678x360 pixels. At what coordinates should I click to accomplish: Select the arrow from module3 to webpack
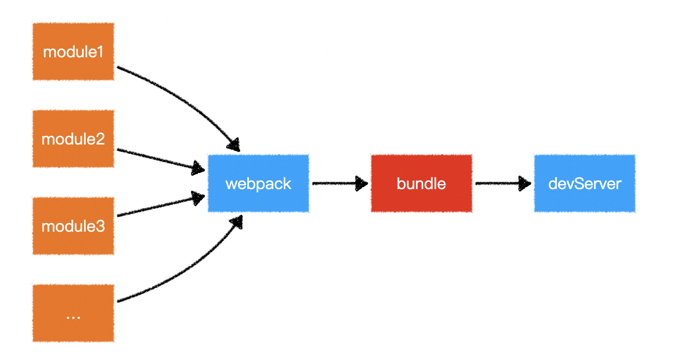click(x=157, y=206)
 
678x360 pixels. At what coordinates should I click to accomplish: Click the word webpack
click(x=258, y=183)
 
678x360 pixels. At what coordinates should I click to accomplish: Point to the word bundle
click(x=421, y=183)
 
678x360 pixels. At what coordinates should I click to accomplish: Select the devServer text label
click(x=584, y=183)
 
